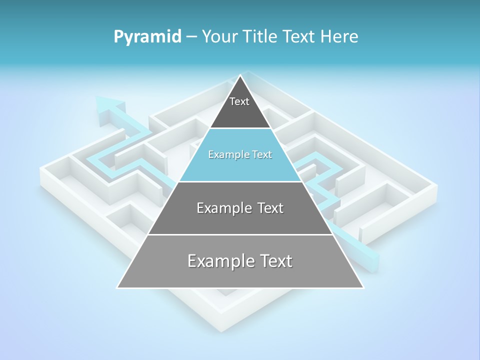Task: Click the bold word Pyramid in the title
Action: click(x=147, y=37)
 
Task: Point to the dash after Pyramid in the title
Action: click(x=191, y=37)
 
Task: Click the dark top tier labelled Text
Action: click(x=239, y=107)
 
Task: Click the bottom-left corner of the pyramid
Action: click(x=117, y=287)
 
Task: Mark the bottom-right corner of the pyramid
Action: click(x=363, y=287)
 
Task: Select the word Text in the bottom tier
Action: click(x=274, y=261)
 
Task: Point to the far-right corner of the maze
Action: click(x=436, y=187)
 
